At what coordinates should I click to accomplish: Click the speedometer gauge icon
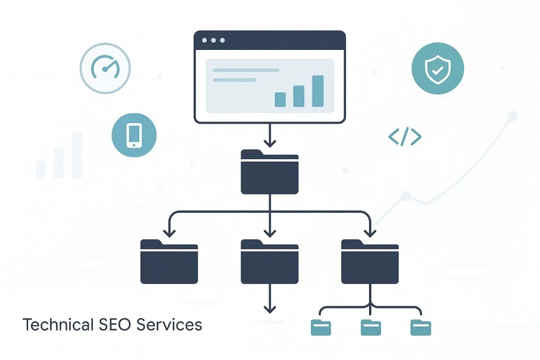(x=105, y=68)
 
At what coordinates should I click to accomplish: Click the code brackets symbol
(x=405, y=137)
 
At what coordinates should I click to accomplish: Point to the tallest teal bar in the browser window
(x=318, y=91)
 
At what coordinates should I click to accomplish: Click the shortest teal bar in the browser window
(x=280, y=99)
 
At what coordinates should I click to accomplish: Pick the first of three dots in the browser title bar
(x=204, y=41)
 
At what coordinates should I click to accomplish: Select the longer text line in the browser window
(x=246, y=70)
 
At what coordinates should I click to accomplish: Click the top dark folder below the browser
(x=270, y=172)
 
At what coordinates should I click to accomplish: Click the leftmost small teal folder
(x=320, y=327)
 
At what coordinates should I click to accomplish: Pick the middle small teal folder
(x=370, y=327)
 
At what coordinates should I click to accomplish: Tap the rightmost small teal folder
(x=421, y=327)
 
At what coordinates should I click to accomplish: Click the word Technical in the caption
(x=56, y=325)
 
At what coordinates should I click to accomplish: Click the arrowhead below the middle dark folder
(x=270, y=308)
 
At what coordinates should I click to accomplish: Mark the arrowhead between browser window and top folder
(x=270, y=143)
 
